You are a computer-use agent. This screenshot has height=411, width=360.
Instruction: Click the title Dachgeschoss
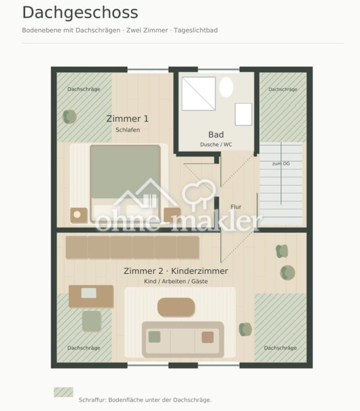(80, 13)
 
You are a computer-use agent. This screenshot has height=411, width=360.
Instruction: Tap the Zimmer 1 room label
(127, 119)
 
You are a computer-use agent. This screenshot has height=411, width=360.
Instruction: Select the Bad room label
(216, 135)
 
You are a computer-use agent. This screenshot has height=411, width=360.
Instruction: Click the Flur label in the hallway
(236, 207)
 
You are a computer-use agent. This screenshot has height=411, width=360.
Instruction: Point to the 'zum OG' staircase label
(281, 163)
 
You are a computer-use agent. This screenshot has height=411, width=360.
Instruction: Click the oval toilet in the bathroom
(226, 87)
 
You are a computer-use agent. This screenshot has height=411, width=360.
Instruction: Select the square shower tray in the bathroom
(198, 94)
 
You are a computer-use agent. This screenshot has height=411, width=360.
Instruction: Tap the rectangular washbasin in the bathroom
(244, 114)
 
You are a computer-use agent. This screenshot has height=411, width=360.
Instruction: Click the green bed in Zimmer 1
(125, 183)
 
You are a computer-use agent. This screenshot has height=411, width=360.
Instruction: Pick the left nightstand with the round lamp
(79, 215)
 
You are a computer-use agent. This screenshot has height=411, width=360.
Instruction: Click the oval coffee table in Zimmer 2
(176, 307)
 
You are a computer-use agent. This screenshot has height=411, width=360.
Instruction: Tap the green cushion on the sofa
(154, 337)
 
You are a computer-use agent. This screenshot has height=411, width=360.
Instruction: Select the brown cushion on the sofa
(208, 337)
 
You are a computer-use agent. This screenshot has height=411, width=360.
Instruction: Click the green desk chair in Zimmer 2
(91, 321)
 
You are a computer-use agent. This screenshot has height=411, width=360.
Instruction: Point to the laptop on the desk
(89, 293)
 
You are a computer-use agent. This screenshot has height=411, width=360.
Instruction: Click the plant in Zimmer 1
(69, 116)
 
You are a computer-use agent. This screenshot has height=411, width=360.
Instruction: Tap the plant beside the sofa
(245, 329)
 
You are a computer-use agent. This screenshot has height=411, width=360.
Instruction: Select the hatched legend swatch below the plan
(64, 392)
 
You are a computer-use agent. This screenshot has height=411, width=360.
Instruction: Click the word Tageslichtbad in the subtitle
(196, 31)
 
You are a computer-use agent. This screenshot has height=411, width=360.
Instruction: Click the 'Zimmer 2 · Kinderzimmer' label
(176, 271)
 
